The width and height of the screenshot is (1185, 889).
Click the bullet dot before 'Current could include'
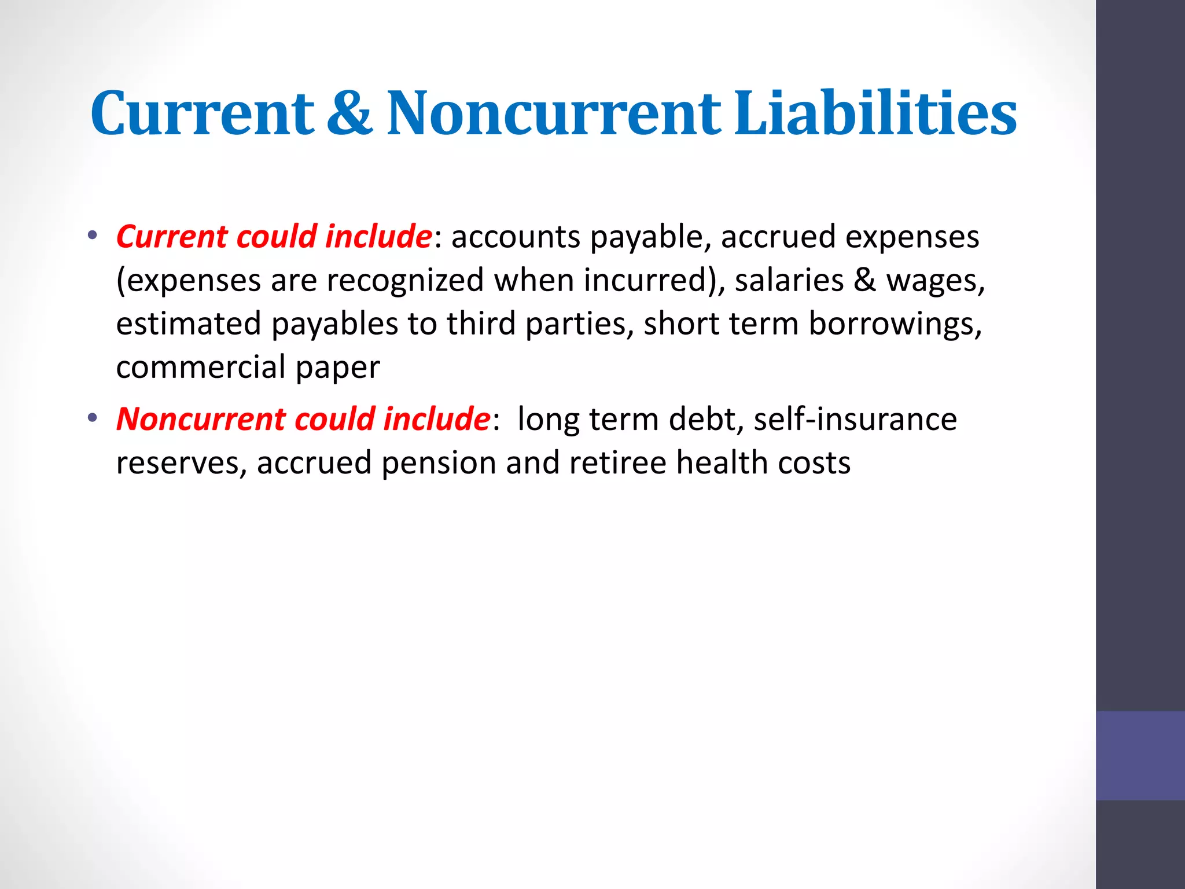coord(93,236)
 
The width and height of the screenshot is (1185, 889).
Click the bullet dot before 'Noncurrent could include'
coord(93,418)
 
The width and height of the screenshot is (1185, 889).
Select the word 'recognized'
coord(405,280)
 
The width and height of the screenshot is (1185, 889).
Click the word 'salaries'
coord(789,280)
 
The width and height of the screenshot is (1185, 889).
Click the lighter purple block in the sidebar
coord(1140,755)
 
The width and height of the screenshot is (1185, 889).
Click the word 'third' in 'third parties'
coord(481,324)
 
